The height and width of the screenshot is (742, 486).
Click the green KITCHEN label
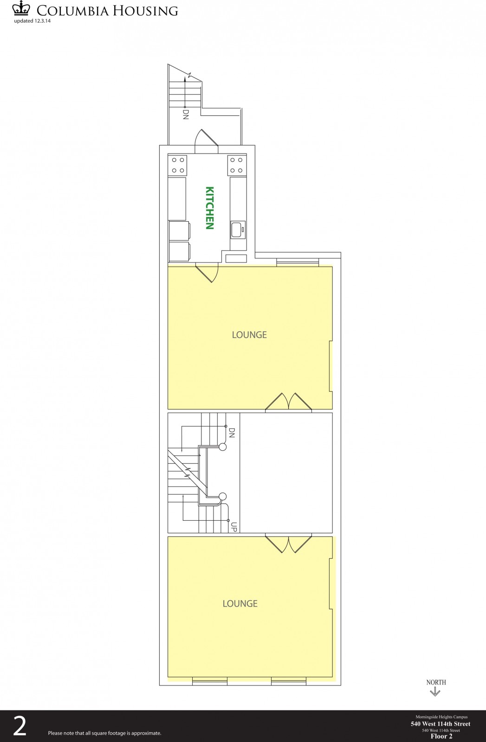(210, 208)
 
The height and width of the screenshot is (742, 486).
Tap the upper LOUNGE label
(249, 335)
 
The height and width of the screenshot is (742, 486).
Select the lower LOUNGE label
(240, 603)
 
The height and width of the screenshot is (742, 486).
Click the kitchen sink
(238, 230)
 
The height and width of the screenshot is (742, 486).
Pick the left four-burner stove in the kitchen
(178, 165)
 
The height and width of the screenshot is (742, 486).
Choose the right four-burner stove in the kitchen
(237, 165)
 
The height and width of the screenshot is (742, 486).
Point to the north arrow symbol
(434, 692)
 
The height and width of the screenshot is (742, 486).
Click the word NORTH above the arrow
(436, 682)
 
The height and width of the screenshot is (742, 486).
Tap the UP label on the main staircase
(234, 527)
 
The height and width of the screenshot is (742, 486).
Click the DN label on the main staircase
(232, 433)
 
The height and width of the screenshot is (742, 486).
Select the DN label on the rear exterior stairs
(186, 115)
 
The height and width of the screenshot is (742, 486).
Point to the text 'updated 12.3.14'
(32, 21)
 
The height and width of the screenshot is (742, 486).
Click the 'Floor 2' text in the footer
(441, 736)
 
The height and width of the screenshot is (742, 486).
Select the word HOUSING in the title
(145, 11)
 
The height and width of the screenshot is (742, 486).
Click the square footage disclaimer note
(105, 733)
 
